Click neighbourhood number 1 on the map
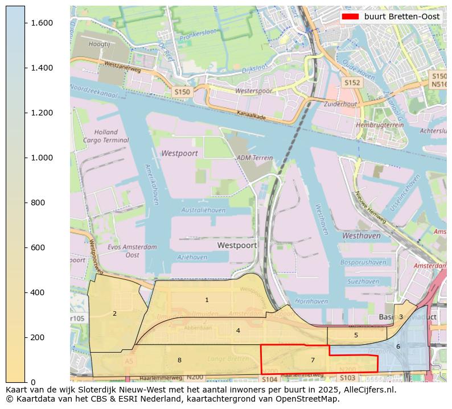(207, 300)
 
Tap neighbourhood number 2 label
(114, 313)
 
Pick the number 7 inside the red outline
(313, 360)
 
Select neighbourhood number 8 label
(179, 360)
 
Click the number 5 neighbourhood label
(356, 335)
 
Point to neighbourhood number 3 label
(401, 317)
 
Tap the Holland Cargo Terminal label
(105, 136)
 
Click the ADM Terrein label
(251, 158)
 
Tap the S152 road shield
(352, 82)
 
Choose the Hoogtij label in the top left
(99, 43)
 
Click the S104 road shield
(270, 379)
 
